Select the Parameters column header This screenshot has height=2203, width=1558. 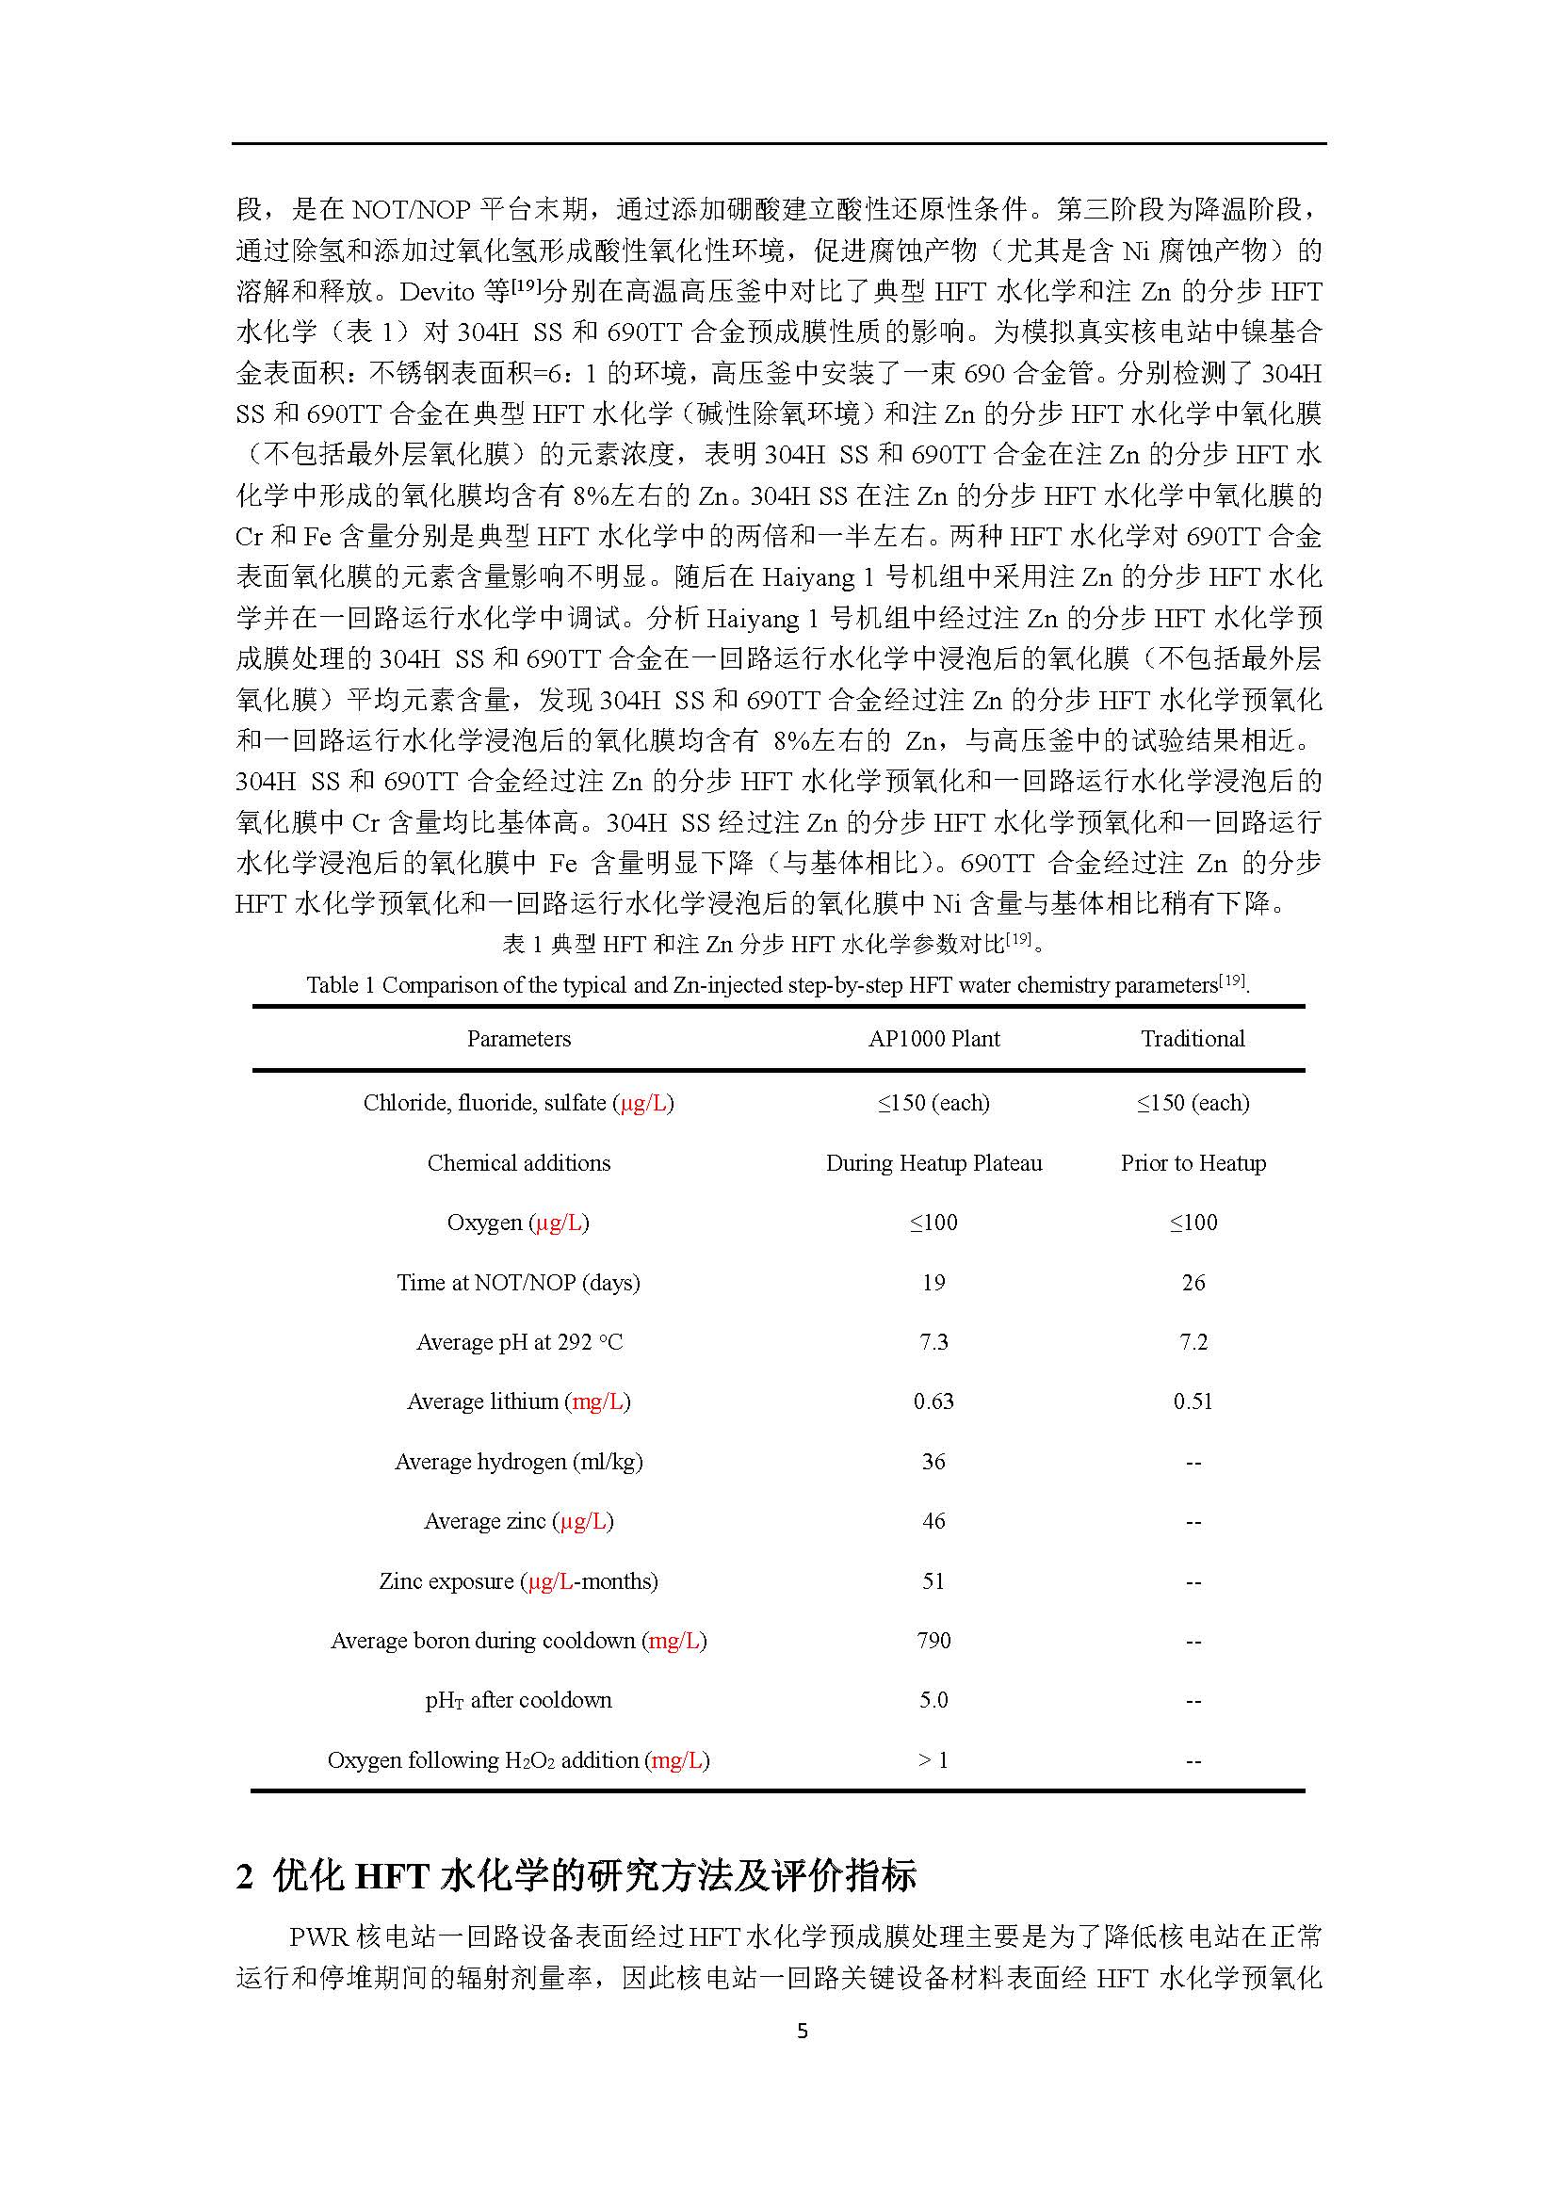[x=518, y=1039]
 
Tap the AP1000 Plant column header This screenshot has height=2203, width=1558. [x=933, y=1039]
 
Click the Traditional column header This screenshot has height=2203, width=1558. [x=1193, y=1039]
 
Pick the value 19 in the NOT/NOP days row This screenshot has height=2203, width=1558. [x=933, y=1283]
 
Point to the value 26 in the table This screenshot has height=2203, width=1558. [x=1193, y=1283]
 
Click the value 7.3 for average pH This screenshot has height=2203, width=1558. [x=933, y=1342]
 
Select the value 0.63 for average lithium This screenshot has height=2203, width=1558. [x=933, y=1401]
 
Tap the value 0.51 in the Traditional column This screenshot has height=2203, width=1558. [x=1193, y=1401]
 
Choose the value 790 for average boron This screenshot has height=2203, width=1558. [x=933, y=1641]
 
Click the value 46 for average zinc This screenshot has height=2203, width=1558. [x=933, y=1521]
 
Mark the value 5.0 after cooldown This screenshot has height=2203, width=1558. [x=933, y=1700]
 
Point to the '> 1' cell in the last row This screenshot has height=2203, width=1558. [x=933, y=1759]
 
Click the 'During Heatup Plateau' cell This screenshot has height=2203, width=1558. [x=933, y=1163]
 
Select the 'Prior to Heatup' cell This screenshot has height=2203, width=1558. [x=1193, y=1163]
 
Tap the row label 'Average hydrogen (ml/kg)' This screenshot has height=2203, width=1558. [x=518, y=1462]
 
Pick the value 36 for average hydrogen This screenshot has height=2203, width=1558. [x=933, y=1462]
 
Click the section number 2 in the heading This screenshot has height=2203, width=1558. [x=245, y=1876]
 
